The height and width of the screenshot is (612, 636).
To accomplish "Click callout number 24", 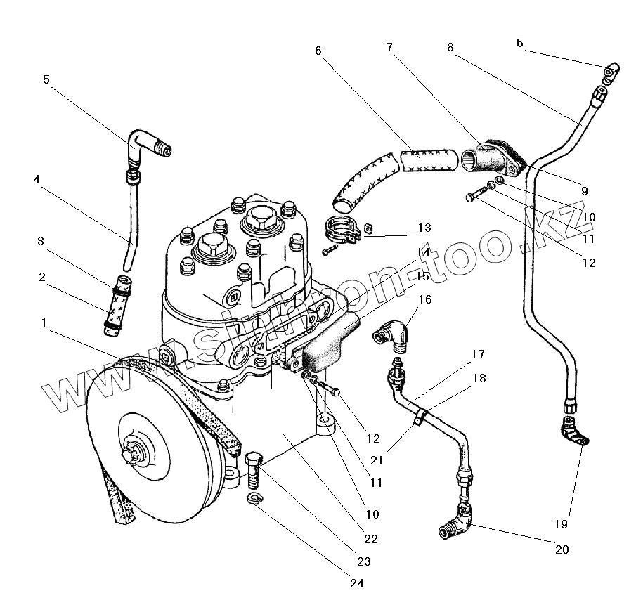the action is [357, 583].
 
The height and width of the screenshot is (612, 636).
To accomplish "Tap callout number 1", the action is [44, 323].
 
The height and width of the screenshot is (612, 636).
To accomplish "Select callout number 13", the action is [424, 228].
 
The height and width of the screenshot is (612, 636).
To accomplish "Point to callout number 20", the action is [562, 549].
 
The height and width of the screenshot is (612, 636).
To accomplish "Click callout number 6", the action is [318, 51].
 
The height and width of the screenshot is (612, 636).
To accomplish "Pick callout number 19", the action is [561, 524].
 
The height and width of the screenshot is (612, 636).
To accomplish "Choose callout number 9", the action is [585, 191].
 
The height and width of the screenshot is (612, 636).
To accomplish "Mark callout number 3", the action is [41, 241].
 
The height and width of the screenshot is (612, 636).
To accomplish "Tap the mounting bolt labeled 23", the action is [254, 471].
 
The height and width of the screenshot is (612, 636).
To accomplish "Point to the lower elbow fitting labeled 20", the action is [456, 521].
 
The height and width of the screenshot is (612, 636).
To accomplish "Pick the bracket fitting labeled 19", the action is [574, 431].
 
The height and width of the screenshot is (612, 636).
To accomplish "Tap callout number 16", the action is [425, 299].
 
